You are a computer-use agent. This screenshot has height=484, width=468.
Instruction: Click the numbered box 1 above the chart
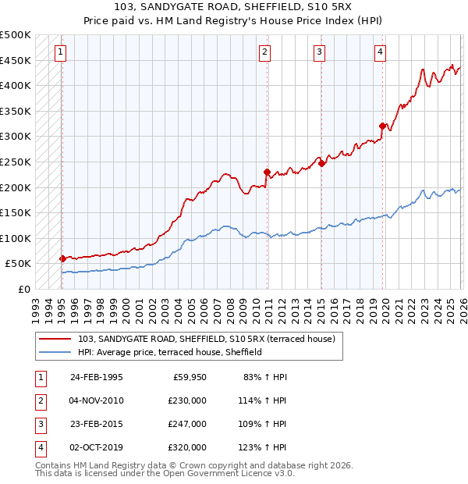[x=61, y=52]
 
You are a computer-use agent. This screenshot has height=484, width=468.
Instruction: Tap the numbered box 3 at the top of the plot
[x=320, y=52]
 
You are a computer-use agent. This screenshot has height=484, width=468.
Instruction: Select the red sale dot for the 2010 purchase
[x=267, y=172]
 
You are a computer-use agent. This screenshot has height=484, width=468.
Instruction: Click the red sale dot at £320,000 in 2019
[x=382, y=126]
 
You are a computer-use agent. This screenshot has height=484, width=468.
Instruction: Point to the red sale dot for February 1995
[x=62, y=258]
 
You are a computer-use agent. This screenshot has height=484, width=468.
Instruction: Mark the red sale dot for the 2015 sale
[x=322, y=163]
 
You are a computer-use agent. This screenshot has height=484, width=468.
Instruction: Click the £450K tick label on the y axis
[x=16, y=60]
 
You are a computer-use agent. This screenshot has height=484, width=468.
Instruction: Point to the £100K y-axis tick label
[x=16, y=238]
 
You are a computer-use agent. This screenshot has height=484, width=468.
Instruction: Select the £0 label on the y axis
[x=23, y=289]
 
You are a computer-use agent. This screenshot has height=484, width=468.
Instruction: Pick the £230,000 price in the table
[x=188, y=400]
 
